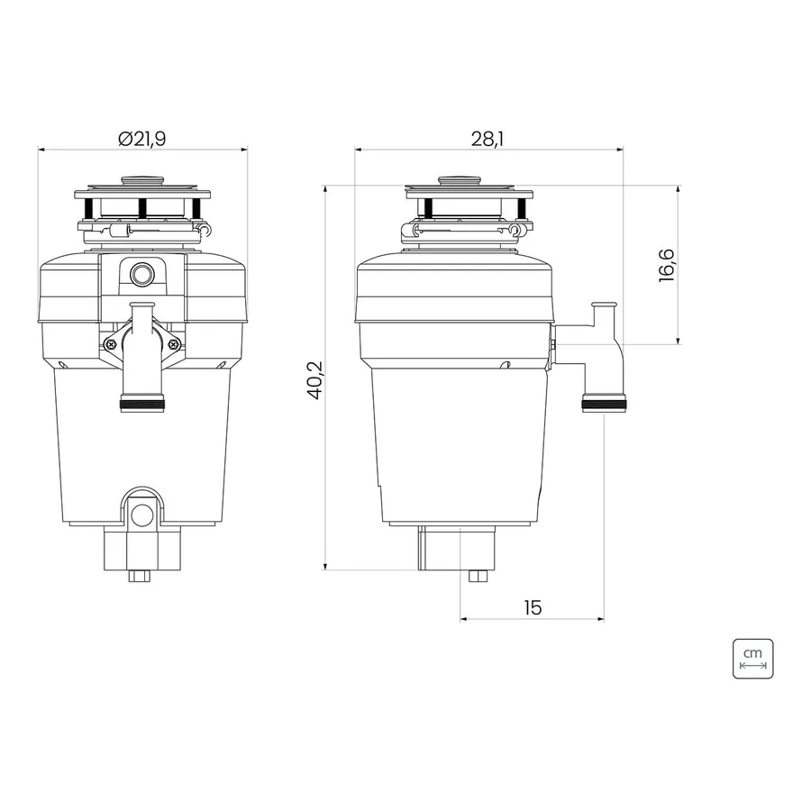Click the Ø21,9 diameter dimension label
[x=141, y=139]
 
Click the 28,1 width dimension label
[x=488, y=139]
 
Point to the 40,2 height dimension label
[x=315, y=380]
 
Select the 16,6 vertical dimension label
[x=667, y=265]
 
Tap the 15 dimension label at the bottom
[x=533, y=607]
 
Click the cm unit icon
[x=752, y=659]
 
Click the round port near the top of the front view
[x=141, y=274]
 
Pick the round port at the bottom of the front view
[x=141, y=515]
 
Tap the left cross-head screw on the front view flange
[x=111, y=343]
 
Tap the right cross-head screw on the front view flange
[x=173, y=343]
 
